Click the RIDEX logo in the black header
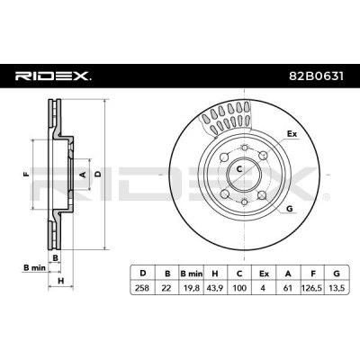click(x=53, y=76)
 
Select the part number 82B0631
click(x=316, y=76)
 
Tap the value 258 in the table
click(x=142, y=288)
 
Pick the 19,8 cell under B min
click(x=191, y=288)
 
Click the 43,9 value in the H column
click(x=215, y=288)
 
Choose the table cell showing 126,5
click(x=311, y=288)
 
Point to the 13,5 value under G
click(x=337, y=288)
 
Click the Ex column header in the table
click(x=264, y=274)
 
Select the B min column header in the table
click(x=192, y=274)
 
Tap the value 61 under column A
click(x=288, y=288)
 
